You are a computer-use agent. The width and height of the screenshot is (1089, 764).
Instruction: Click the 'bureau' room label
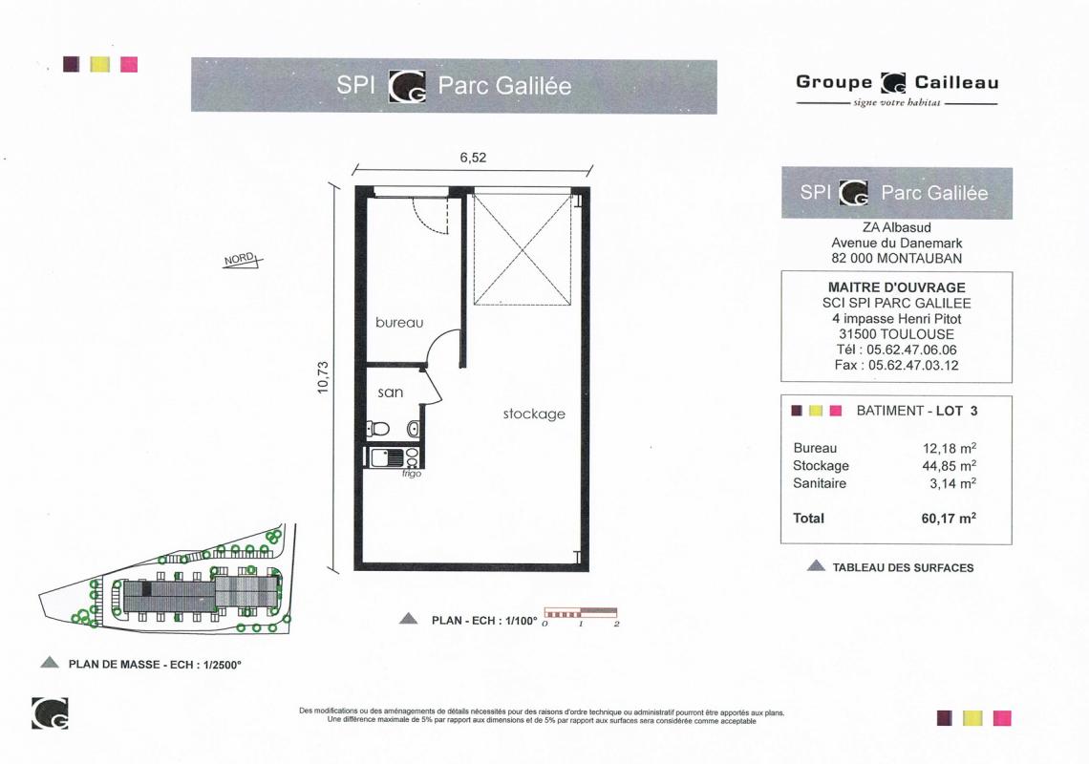(399, 322)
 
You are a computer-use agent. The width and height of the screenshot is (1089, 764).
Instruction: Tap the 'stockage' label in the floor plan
(534, 414)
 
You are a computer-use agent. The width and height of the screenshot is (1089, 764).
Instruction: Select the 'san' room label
(391, 393)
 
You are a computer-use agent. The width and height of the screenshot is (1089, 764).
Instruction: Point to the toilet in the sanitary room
(378, 429)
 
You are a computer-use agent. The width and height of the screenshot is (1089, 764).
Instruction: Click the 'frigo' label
(411, 474)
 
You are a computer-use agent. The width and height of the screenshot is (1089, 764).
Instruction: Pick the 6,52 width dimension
(473, 157)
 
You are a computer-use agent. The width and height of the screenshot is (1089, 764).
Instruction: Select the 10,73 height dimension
(323, 378)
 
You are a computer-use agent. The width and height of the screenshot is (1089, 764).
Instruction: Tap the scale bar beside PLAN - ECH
(581, 613)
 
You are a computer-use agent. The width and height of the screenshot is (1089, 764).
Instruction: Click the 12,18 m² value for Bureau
(950, 448)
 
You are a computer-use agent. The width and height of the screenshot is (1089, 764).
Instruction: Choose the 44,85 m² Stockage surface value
(950, 465)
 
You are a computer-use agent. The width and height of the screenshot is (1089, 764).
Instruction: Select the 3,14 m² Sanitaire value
(953, 483)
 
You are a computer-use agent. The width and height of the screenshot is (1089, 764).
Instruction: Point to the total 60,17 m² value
(949, 519)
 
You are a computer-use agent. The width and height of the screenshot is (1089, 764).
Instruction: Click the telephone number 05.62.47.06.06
(911, 350)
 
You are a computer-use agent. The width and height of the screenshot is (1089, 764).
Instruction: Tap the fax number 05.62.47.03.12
(913, 366)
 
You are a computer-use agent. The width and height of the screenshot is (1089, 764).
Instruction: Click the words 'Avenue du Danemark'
(897, 244)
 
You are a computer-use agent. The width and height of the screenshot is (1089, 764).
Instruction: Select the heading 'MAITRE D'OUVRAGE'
(897, 286)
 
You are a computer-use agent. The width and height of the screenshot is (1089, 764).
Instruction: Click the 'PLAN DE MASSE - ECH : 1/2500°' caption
(155, 665)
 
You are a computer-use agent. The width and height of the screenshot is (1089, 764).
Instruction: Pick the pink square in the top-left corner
(129, 65)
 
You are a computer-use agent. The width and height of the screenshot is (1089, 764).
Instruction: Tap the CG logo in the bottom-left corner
(50, 713)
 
